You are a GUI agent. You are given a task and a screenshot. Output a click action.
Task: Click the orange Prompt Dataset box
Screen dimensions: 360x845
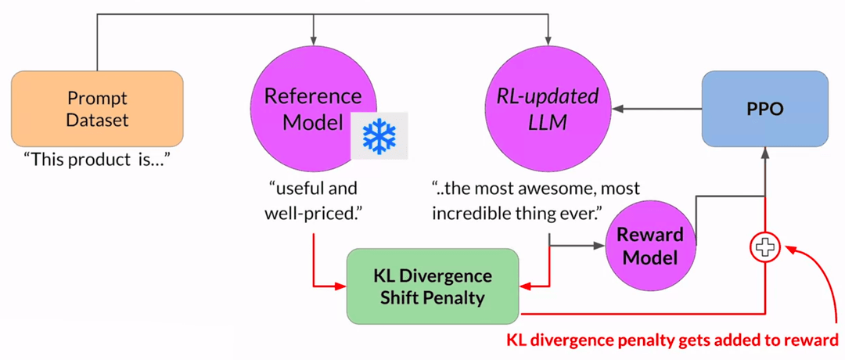(x=97, y=110)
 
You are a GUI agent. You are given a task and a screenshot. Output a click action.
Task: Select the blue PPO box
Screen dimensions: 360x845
(x=764, y=106)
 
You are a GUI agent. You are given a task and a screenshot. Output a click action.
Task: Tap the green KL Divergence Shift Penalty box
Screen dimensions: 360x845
(x=433, y=286)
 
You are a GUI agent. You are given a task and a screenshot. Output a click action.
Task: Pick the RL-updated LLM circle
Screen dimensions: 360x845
(x=550, y=109)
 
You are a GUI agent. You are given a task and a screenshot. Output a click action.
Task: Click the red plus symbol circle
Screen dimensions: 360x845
(x=764, y=247)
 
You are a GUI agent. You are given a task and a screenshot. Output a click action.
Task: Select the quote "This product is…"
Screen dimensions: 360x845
(x=98, y=159)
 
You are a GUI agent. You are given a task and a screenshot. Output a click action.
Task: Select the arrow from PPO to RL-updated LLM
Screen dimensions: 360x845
(x=656, y=109)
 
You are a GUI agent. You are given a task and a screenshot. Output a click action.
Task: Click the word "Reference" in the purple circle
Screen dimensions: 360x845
(x=313, y=96)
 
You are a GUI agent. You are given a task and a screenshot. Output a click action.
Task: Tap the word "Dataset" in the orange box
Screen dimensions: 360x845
(x=97, y=121)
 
